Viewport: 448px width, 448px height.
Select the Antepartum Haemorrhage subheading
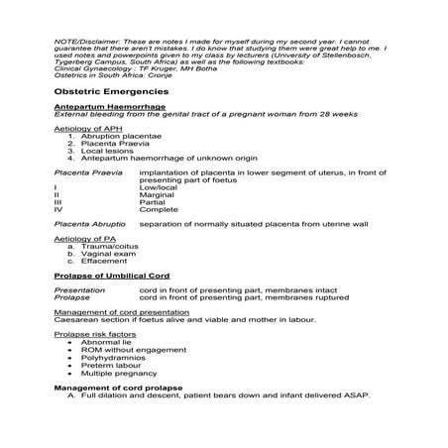pyautogui.click(x=110, y=106)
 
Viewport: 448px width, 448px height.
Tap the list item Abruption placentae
pyautogui.click(x=124, y=135)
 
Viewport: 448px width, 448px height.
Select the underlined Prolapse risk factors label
pyautogui.click(x=95, y=336)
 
